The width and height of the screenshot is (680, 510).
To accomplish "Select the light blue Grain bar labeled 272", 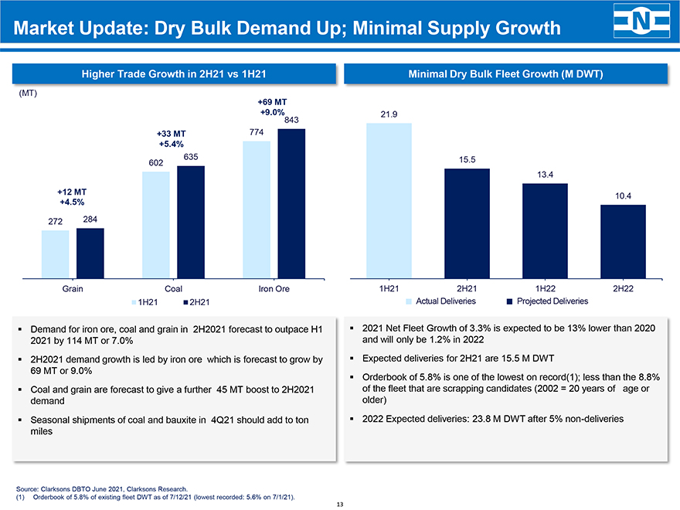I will (x=56, y=253).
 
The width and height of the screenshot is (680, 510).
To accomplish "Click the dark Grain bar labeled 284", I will (x=90, y=251).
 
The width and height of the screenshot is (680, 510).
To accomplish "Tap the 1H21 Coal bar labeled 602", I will (x=156, y=223).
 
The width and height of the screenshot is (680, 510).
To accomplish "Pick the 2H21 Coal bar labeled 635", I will (x=191, y=220).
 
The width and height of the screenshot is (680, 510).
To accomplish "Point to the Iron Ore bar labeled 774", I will (x=256, y=208).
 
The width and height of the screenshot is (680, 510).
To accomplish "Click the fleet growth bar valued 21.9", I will (x=389, y=199).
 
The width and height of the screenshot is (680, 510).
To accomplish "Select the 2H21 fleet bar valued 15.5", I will (x=467, y=222).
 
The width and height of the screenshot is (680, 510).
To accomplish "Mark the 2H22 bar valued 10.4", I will (x=623, y=240).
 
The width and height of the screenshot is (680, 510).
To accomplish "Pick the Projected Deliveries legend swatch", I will (x=510, y=301).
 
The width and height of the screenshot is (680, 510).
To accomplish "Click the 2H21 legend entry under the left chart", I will (x=195, y=301).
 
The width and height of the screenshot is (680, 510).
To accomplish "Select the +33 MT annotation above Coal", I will (x=171, y=133).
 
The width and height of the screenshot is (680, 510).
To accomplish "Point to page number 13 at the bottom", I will (x=340, y=504).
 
